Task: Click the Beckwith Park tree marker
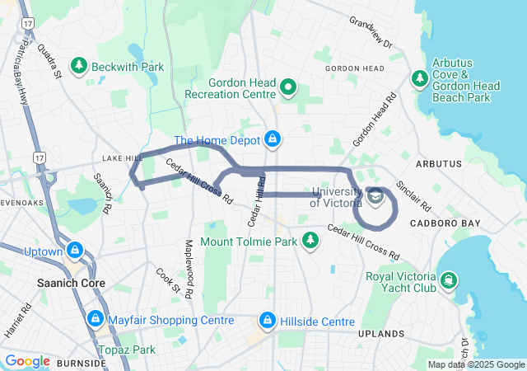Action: tap(80, 64)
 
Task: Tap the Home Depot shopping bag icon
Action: tap(273, 139)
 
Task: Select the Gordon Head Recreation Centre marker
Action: tap(289, 87)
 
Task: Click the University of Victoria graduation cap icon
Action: tap(376, 196)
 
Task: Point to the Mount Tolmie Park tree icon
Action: tap(310, 241)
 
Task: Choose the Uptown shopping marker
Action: tap(75, 249)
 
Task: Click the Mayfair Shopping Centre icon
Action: tap(96, 318)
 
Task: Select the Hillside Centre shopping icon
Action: tap(268, 319)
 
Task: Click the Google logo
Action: tap(28, 361)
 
